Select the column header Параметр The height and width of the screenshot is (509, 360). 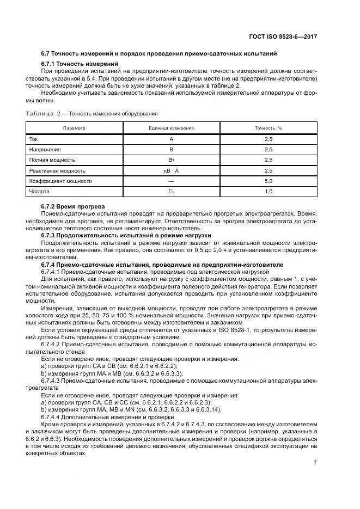[x=74, y=128]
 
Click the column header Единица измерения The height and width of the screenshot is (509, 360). [x=171, y=128]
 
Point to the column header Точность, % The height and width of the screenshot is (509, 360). [x=268, y=128]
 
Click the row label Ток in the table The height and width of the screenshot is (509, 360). [x=34, y=139]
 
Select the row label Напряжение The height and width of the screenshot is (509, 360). [x=45, y=149]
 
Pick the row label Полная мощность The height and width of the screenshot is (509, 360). [x=52, y=160]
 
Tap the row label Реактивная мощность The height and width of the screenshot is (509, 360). [x=57, y=170]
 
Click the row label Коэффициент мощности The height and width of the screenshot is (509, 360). [x=60, y=181]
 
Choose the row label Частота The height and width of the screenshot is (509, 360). [x=39, y=192]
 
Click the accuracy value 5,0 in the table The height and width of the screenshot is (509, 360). [x=268, y=181]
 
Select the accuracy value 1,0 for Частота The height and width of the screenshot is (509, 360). [x=268, y=192]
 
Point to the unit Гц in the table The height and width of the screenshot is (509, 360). [x=171, y=192]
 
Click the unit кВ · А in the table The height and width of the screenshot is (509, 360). [x=171, y=170]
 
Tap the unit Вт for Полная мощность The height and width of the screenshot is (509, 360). [x=171, y=160]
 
